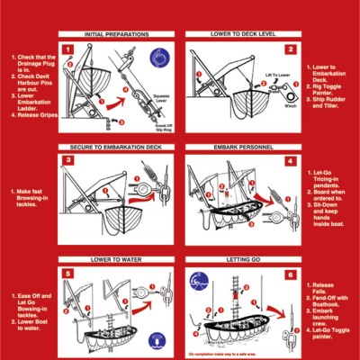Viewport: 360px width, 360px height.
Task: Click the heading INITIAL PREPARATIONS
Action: (x=118, y=34)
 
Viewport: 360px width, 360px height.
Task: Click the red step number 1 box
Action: (x=68, y=49)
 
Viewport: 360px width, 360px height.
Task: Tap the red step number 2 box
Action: (x=291, y=49)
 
